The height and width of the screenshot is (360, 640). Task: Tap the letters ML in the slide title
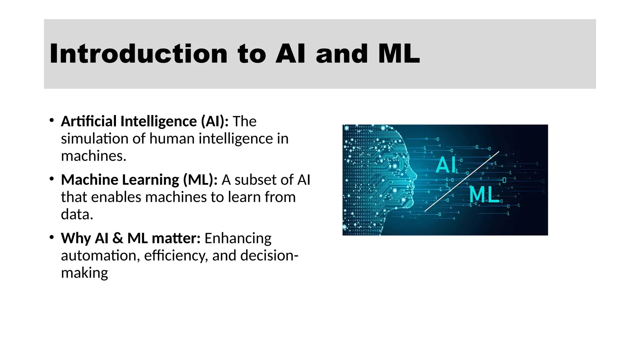[399, 54]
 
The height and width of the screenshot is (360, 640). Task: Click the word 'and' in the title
[342, 54]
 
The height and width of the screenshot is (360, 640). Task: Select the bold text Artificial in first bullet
[89, 121]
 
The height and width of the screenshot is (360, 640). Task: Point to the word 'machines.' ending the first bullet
[93, 156]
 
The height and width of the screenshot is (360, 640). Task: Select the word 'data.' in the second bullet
[77, 214]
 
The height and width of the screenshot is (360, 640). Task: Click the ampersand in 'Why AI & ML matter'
[117, 238]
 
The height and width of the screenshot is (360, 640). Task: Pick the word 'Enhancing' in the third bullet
[238, 238]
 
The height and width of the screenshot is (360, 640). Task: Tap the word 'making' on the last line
[84, 273]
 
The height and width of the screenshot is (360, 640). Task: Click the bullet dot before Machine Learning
[52, 179]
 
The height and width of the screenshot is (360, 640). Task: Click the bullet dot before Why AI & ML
[52, 237]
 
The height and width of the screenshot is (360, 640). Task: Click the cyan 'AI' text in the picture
[446, 165]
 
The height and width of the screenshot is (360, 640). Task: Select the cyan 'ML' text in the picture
[484, 194]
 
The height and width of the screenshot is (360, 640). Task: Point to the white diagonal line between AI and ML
[462, 181]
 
